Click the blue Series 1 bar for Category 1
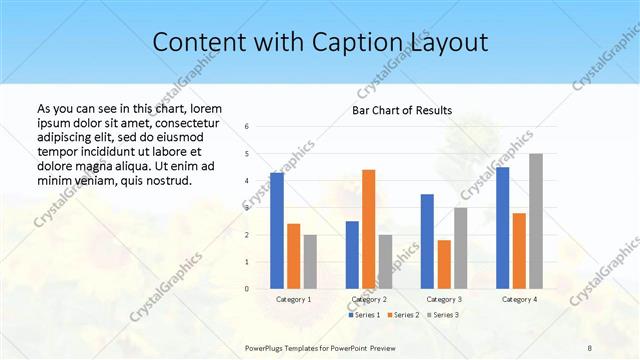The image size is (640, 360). pos(277,231)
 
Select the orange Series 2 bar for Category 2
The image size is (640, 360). pos(368,229)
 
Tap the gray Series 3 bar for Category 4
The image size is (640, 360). pos(536,221)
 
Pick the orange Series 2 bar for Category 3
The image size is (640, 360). pos(444,264)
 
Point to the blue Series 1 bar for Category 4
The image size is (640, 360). pos(502,228)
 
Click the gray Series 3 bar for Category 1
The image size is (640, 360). pos(310,262)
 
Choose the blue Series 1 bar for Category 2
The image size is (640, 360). pos(352,255)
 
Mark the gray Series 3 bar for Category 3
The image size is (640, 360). pos(460,248)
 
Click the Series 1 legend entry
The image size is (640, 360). pos(364,315)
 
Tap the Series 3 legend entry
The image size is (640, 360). pos(444,315)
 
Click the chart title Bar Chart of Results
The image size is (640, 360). pos(402,110)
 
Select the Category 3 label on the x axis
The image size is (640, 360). pos(443,299)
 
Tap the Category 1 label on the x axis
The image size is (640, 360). pos(293,299)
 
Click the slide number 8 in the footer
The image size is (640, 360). pos(590,346)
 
